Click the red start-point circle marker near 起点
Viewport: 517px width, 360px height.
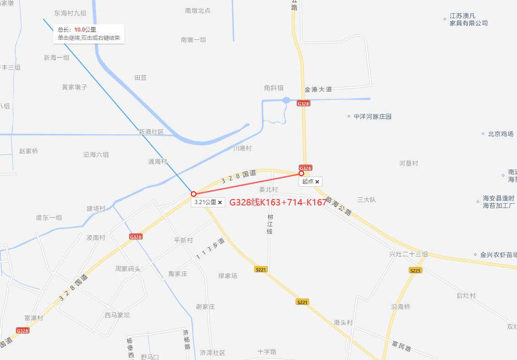click(301, 173)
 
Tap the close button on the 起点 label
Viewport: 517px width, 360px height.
click(317, 182)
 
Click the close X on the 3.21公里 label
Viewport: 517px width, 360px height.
click(220, 202)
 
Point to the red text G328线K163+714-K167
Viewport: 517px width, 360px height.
click(278, 202)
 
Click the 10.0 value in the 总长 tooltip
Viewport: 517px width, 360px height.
click(79, 30)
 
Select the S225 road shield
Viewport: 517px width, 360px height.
click(415, 271)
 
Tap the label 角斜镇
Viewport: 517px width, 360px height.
click(274, 88)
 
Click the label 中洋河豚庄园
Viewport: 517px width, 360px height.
click(372, 116)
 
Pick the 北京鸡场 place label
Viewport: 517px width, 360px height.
click(500, 134)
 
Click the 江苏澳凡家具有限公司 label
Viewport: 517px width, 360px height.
click(468, 20)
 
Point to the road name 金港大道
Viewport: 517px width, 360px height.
click(318, 89)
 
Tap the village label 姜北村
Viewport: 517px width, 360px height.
click(268, 189)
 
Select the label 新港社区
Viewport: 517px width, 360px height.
click(151, 132)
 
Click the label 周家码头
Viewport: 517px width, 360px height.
click(128, 269)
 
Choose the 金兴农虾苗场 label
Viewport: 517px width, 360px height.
click(498, 255)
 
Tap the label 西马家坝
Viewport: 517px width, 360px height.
click(117, 315)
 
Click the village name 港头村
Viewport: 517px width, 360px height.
click(343, 322)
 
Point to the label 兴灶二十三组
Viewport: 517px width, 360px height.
click(408, 254)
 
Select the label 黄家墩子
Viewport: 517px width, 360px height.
click(75, 87)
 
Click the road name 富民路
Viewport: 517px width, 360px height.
click(401, 345)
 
